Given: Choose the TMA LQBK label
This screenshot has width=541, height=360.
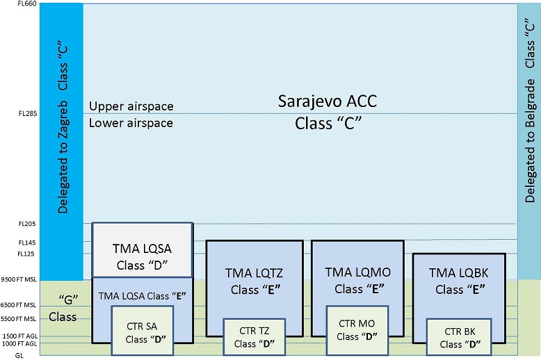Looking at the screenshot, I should tap(460, 274).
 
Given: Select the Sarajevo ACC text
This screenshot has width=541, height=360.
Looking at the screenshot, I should tap(326, 102).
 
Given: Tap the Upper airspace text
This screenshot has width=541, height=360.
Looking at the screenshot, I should tap(131, 106).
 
